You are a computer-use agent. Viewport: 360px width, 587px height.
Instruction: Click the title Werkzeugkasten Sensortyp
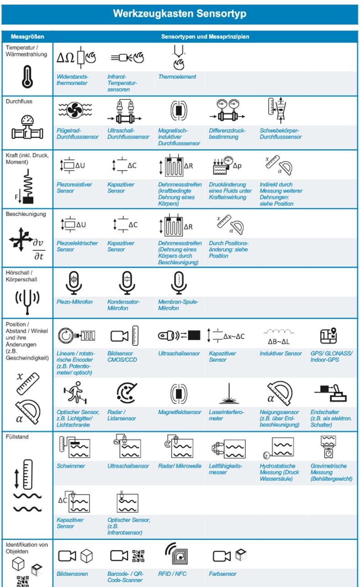point(180,13)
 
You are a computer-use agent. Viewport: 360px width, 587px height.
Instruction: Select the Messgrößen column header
point(27,36)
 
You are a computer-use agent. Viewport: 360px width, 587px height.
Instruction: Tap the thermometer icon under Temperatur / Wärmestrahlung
point(27,77)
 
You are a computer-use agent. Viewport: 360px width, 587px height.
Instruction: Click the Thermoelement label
point(177,77)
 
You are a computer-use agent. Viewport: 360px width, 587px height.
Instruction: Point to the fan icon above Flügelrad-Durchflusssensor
point(75,110)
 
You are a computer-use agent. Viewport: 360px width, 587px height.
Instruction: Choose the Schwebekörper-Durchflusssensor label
point(281,134)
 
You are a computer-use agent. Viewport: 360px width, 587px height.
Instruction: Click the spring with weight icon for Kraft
point(26,187)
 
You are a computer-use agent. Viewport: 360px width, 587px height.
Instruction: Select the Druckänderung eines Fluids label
point(230,191)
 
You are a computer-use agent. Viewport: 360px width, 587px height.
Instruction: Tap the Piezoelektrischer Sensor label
point(77,246)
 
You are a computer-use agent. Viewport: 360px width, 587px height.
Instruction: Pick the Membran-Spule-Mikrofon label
point(178,305)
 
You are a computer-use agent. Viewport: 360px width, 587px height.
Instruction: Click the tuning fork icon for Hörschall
point(27,301)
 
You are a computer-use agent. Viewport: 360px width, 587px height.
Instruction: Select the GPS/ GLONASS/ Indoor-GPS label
point(331,356)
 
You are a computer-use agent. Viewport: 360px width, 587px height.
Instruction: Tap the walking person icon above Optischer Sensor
point(75,392)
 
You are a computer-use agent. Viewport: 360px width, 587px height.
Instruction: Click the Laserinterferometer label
point(226,415)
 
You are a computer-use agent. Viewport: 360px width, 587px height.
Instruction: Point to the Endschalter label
point(331,418)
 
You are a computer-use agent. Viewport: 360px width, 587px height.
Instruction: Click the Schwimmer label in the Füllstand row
point(71,466)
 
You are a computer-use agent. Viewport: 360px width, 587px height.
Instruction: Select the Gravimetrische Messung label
point(331,472)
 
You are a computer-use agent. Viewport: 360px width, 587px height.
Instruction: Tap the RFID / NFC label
point(172,574)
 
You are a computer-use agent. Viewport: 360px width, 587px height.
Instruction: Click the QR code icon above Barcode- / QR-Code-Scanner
point(138,556)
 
